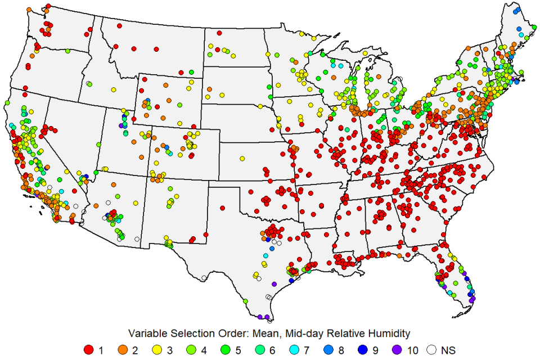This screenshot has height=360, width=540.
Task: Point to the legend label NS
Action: coord(448,350)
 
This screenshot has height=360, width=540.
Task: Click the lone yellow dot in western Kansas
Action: coord(241,158)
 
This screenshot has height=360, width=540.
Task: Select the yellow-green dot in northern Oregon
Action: coord(67,51)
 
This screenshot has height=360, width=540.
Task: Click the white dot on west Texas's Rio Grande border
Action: coord(204,278)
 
